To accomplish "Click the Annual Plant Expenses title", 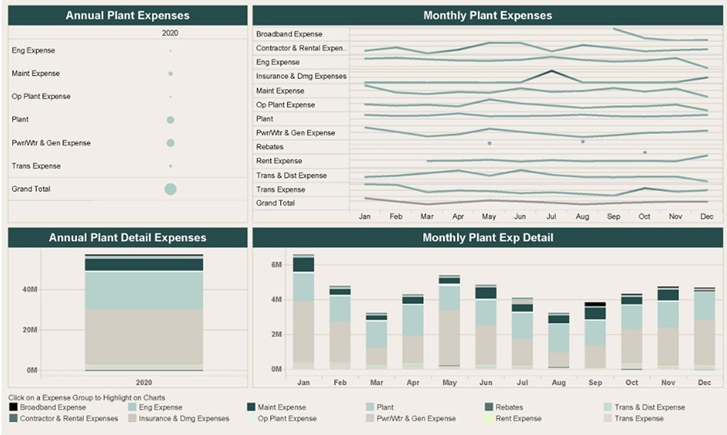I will pos(128,15).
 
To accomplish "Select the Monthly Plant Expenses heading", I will pos(488,15).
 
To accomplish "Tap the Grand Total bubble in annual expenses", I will pos(170,189).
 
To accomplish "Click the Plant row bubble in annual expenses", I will pos(170,120).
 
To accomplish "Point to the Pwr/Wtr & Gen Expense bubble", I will pos(170,143).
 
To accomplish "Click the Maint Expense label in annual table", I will pos(35,74).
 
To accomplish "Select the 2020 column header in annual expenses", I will pos(170,34).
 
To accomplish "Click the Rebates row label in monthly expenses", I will pos(270,147).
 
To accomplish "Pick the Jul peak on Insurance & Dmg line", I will pos(552,72).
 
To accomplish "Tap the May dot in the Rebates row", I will pos(489,142).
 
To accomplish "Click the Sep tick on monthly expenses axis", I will pos(613,217).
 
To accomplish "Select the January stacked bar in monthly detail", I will pos(303,313).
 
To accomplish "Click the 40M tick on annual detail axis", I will pos(29,290).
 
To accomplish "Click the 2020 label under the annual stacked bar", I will pos(144,382).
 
